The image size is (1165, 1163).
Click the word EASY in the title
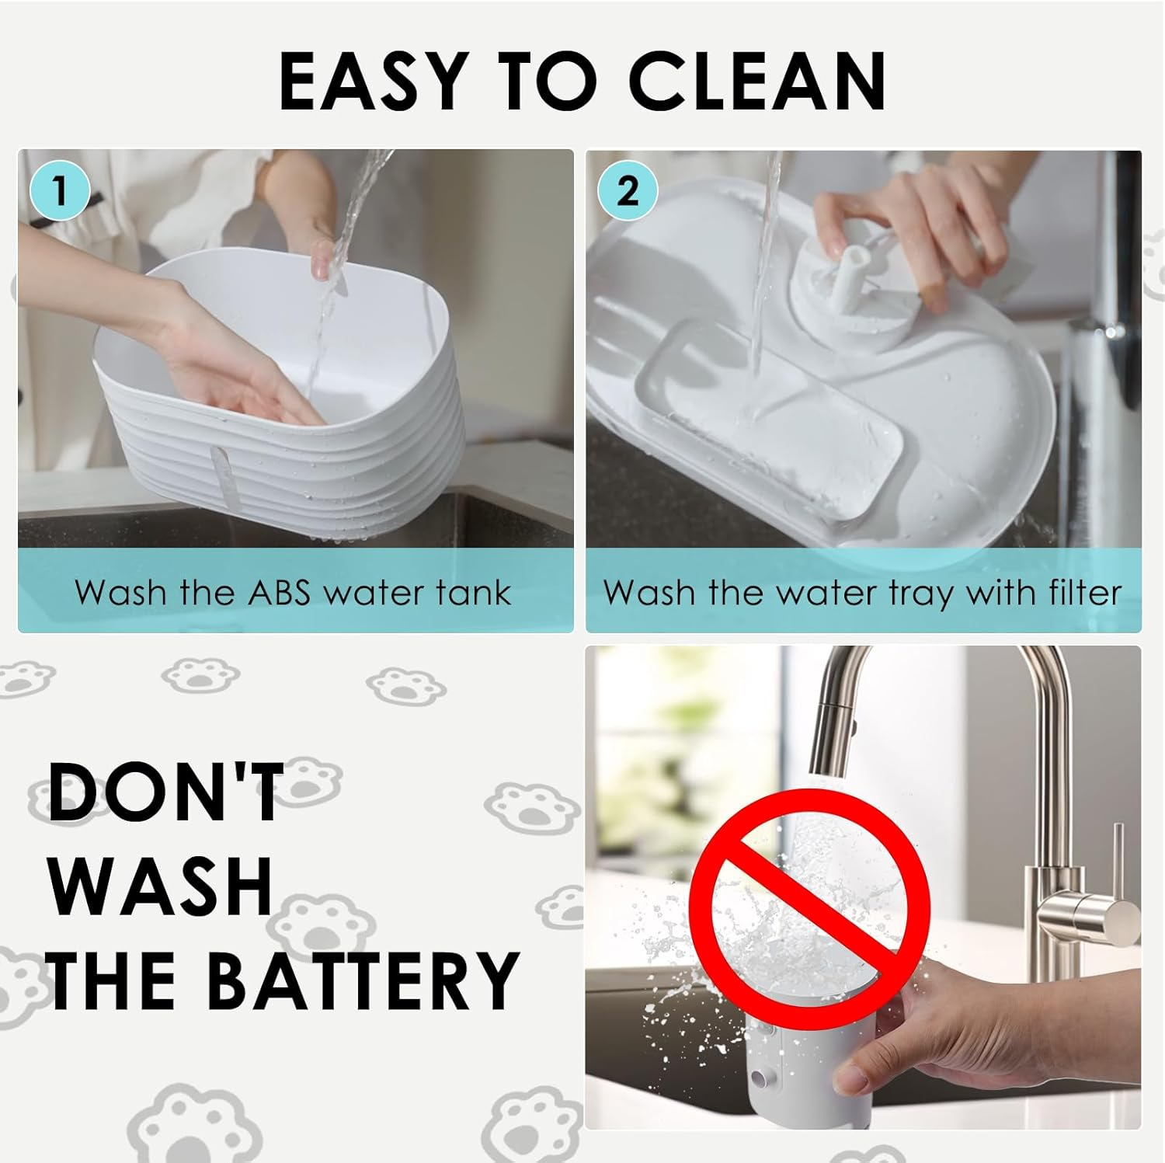click(372, 81)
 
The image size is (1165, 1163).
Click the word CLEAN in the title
click(757, 81)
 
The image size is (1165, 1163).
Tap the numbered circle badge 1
click(60, 189)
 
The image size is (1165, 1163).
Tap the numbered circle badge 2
click(628, 190)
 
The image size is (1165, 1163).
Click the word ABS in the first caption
click(280, 592)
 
